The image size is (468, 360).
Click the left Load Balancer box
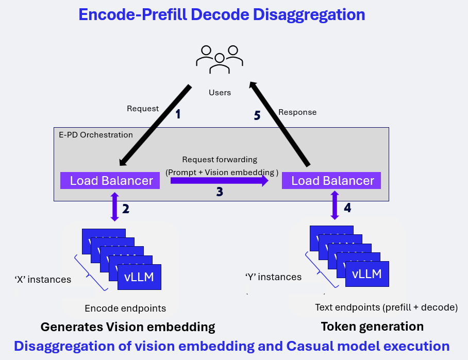(x=111, y=181)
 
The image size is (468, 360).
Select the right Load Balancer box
(x=332, y=181)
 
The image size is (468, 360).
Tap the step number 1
(x=178, y=114)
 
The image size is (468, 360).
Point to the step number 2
(x=125, y=209)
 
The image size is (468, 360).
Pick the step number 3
(x=220, y=192)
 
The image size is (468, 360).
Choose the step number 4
(x=347, y=208)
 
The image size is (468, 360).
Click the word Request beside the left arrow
(x=143, y=109)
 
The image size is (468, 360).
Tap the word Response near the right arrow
(x=297, y=112)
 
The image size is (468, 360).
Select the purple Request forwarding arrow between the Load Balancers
(x=220, y=180)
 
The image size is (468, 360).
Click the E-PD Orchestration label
(x=95, y=135)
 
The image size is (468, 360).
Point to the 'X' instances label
(x=42, y=280)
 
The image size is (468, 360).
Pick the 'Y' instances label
(x=273, y=277)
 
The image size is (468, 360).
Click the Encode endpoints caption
(x=125, y=308)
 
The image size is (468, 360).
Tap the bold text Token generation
(x=372, y=327)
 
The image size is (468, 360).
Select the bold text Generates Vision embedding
(x=127, y=327)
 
